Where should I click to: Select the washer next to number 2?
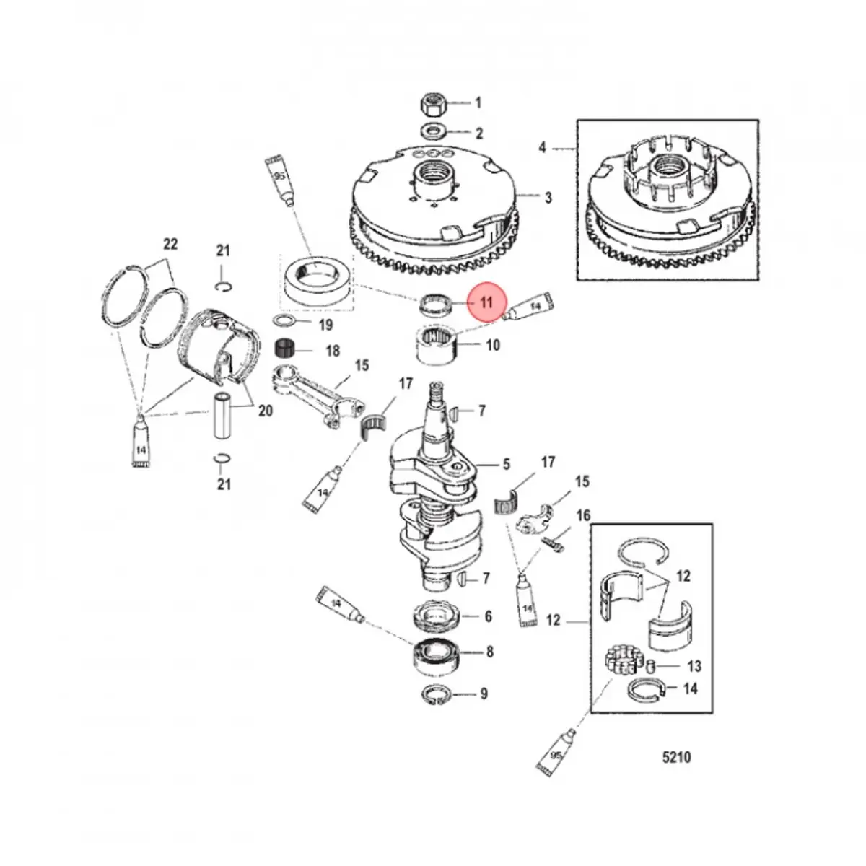(x=434, y=132)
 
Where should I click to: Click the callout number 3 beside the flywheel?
(x=548, y=197)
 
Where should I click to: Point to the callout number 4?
(x=543, y=148)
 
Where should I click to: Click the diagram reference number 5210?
(x=676, y=757)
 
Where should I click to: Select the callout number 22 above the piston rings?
(x=170, y=244)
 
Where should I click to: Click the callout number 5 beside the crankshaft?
(x=507, y=464)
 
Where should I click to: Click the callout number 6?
(x=489, y=616)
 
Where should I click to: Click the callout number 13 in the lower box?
(x=694, y=665)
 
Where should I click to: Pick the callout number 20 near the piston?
(x=266, y=411)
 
